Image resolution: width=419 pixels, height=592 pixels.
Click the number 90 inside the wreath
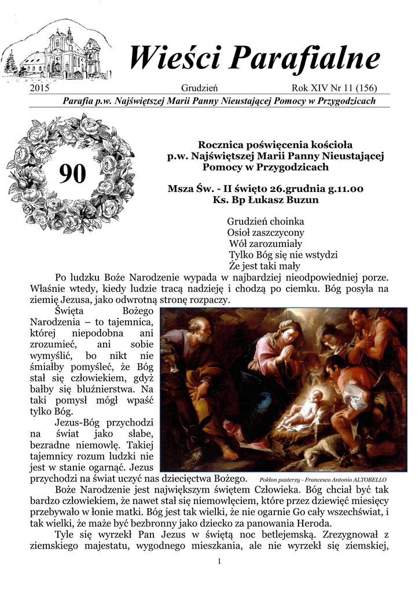tap(72, 173)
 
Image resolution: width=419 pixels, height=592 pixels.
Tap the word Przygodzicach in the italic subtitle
tap(347, 101)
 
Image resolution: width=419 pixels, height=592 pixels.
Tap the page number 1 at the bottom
tap(220, 562)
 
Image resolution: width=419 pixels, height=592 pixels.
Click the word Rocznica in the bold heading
tap(220, 145)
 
